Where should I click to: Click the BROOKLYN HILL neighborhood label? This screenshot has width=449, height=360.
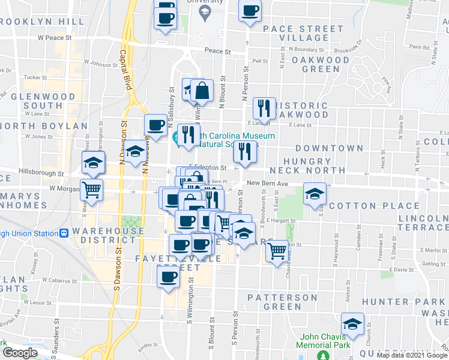[x=42, y=22]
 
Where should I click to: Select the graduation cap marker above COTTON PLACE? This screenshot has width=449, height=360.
[x=315, y=194]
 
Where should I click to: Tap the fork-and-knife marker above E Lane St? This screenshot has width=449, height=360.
[x=264, y=109]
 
